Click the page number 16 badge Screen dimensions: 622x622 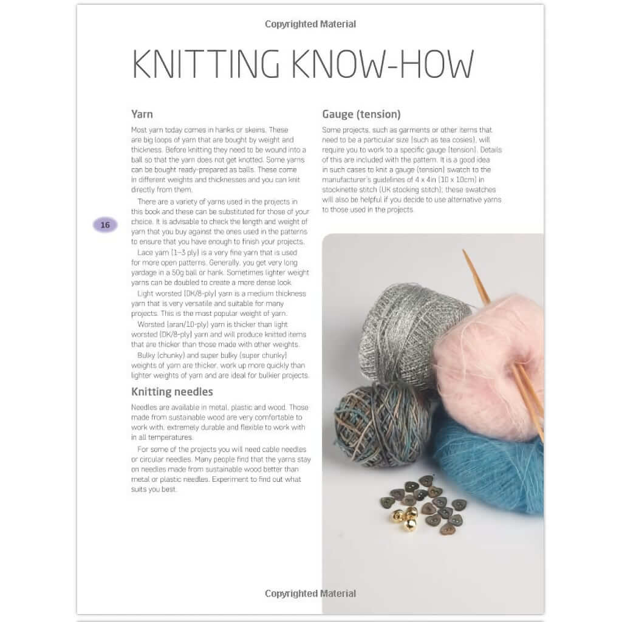105,225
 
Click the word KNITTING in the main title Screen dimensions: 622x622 206,63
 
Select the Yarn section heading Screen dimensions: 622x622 142,114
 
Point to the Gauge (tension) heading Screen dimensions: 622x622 361,114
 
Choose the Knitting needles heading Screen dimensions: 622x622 172,392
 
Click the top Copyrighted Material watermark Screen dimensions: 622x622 310,24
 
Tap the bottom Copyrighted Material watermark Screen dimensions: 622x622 310,593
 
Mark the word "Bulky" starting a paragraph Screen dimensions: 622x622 148,355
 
